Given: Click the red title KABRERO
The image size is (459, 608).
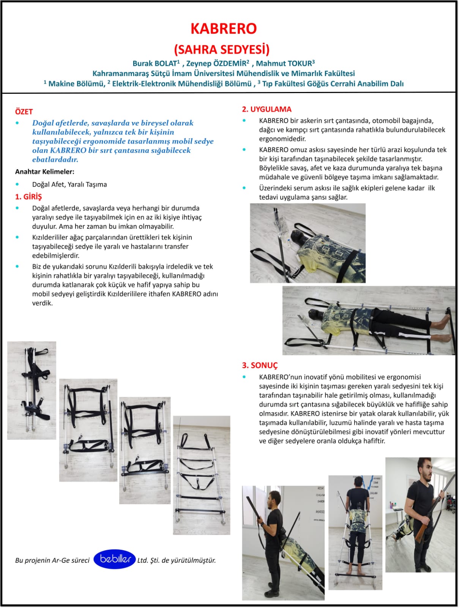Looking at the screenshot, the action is [x=224, y=28].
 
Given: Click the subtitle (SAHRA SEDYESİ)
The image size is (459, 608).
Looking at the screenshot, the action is [x=222, y=49].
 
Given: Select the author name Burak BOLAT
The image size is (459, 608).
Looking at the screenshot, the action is [x=155, y=63].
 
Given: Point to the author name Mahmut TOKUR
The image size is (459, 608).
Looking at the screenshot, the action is [x=284, y=63].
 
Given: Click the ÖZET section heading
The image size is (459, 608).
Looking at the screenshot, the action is [x=24, y=112].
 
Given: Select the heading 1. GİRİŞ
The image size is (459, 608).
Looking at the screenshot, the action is [x=28, y=197].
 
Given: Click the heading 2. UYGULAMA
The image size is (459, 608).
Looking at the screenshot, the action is [x=267, y=109].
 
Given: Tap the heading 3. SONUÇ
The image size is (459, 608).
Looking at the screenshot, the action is [x=260, y=365].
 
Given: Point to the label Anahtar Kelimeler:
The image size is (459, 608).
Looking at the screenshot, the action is [x=44, y=171].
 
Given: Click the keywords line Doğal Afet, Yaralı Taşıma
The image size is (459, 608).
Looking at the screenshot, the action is [x=69, y=184].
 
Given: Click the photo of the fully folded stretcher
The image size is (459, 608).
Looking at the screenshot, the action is [x=32, y=390].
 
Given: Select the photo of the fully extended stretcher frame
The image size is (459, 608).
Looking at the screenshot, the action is [x=202, y=475].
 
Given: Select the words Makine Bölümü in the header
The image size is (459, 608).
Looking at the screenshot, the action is [x=76, y=84].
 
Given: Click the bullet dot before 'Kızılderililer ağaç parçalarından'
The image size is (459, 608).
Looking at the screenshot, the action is [x=17, y=237].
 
